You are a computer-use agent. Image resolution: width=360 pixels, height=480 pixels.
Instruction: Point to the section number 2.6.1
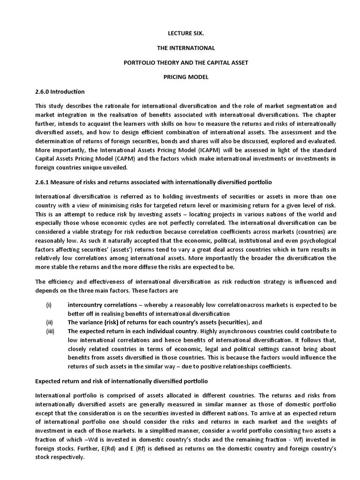pyautogui.click(x=43, y=181)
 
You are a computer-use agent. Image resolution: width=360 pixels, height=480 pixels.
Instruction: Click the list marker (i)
pyautogui.click(x=48, y=305)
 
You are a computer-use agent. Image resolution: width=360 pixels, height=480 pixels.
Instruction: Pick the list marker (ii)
pyautogui.click(x=49, y=322)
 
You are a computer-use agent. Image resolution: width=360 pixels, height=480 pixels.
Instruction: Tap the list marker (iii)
pyautogui.click(x=50, y=331)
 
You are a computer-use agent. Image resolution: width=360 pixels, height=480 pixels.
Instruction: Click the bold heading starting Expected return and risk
pyautogui.click(x=121, y=381)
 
